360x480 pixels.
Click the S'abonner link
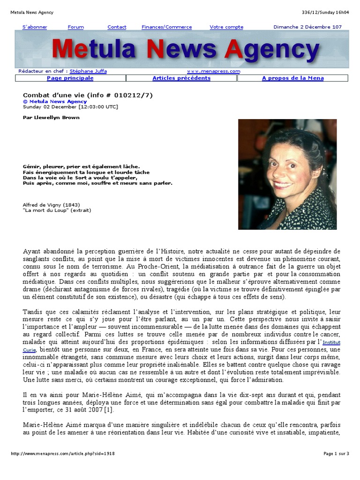pos(35,27)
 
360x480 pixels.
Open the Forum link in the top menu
pos(75,27)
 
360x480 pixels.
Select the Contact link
pos(117,27)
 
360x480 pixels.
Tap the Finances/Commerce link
pos(162,27)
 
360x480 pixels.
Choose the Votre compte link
pos(226,27)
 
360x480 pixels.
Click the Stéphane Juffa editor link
pos(88,71)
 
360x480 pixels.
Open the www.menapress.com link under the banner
pos(213,71)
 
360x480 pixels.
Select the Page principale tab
pos(70,78)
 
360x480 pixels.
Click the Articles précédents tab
pos(181,78)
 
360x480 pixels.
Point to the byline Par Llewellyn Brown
pos(51,118)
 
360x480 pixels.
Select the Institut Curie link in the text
pos(331,346)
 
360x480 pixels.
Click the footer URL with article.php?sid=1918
pos(63,454)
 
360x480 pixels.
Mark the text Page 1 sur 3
pos(336,454)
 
